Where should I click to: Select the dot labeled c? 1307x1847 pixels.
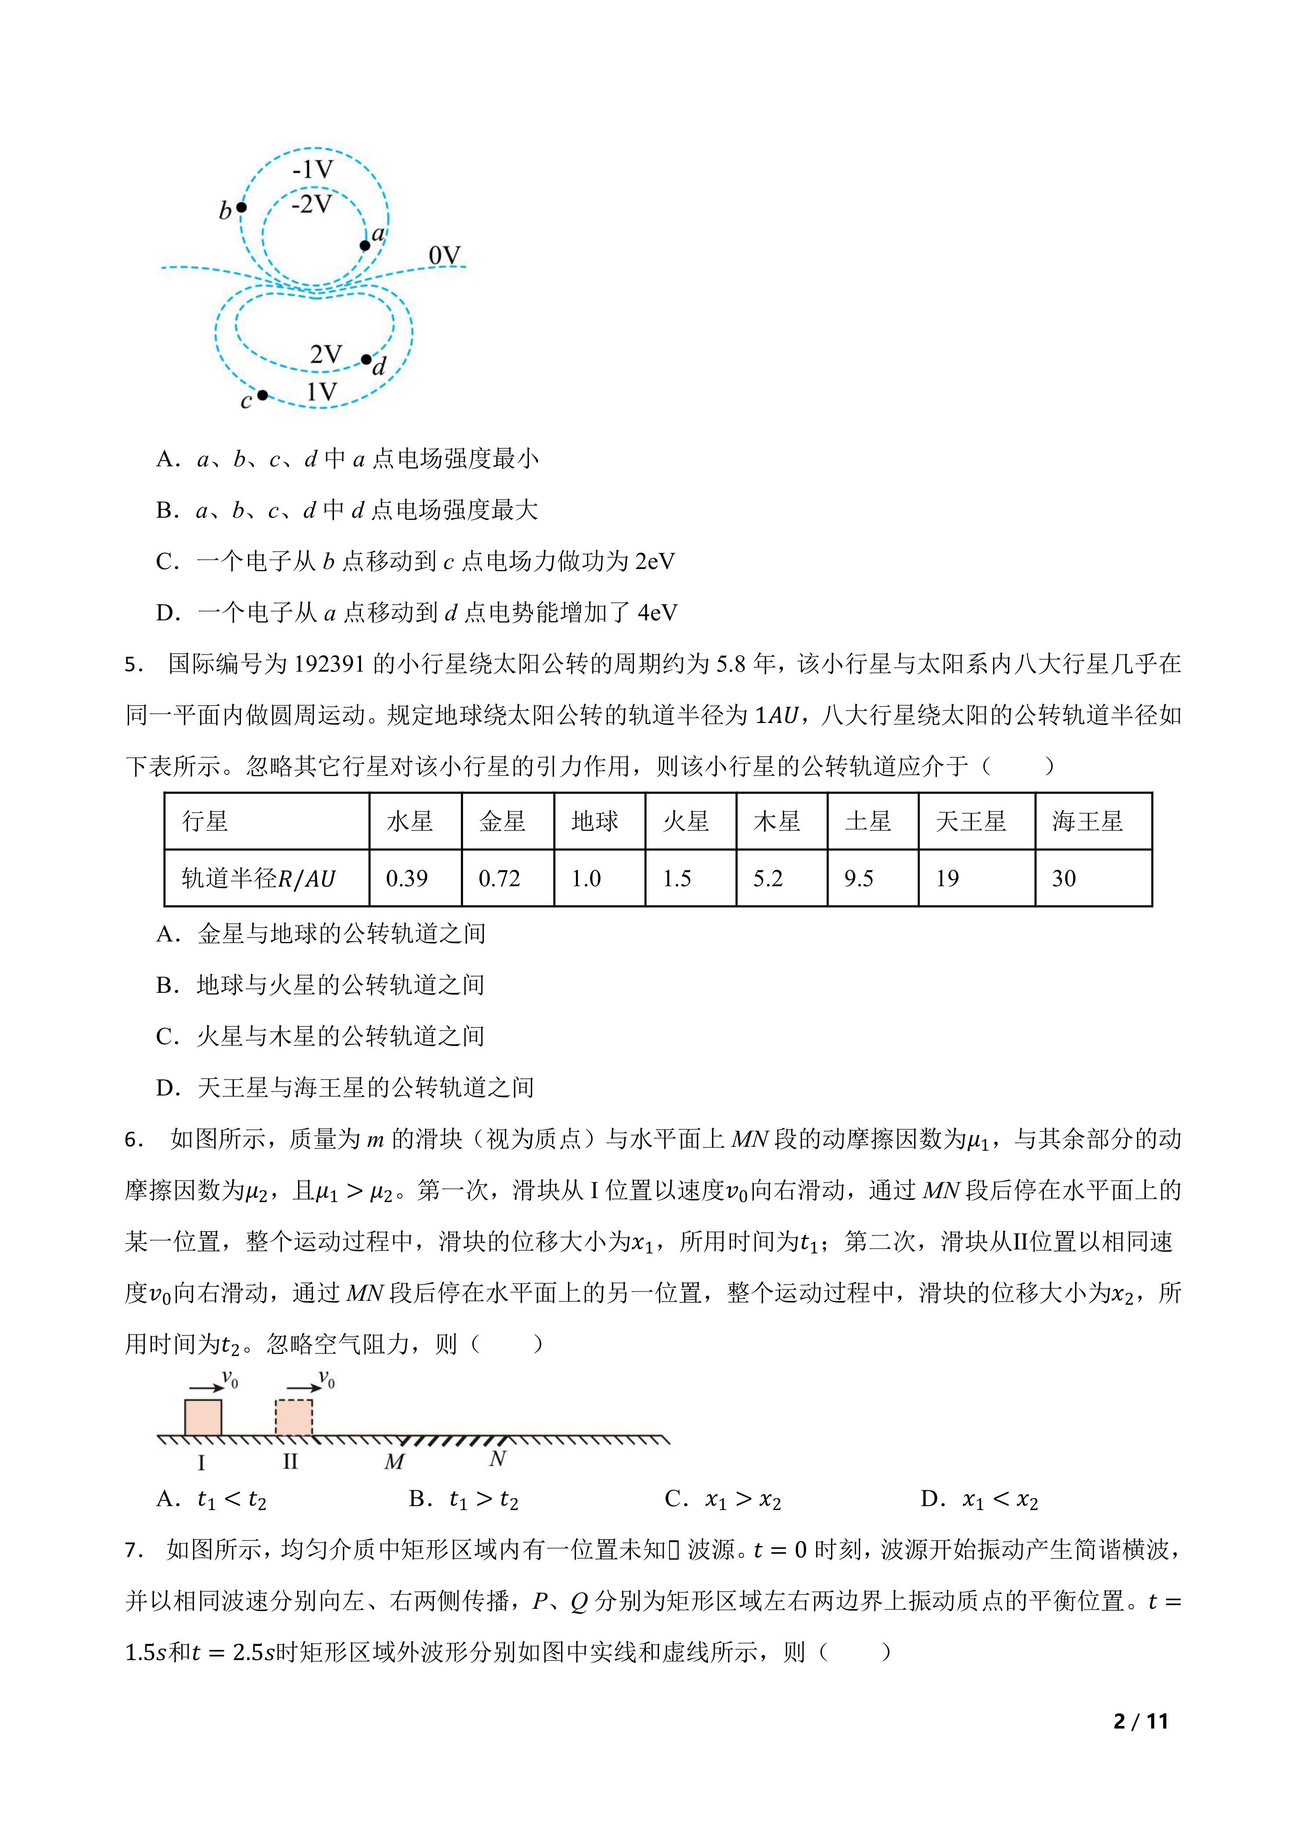pos(263,395)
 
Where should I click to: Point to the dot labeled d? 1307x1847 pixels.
pos(366,359)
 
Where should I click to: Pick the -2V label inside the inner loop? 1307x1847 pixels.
pos(311,204)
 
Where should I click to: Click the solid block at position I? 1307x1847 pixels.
pos(203,1417)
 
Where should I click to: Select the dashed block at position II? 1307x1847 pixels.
pos(294,1417)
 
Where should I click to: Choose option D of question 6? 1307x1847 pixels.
pos(979,1500)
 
